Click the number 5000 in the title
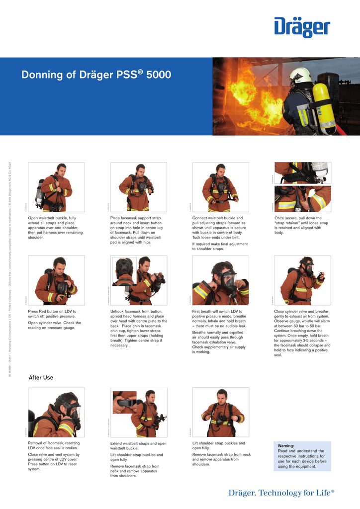click(159, 75)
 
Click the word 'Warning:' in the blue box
click(286, 446)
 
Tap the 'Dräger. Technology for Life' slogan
click(281, 493)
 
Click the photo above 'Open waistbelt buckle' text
click(56, 187)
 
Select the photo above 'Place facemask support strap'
click(138, 187)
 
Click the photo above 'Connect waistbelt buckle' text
click(220, 187)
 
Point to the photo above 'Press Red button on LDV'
click(56, 280)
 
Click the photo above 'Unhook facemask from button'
click(138, 280)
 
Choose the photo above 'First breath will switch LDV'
click(220, 280)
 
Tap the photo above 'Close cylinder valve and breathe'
click(302, 280)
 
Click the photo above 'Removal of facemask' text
click(56, 412)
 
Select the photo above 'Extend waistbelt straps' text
click(138, 412)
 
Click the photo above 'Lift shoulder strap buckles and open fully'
click(220, 412)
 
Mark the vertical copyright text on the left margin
click(10, 268)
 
